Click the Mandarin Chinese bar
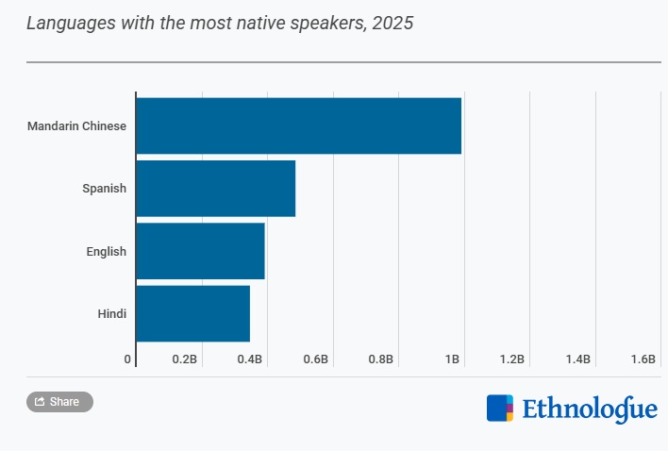pyautogui.click(x=298, y=125)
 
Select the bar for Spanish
pyautogui.click(x=215, y=189)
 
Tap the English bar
pyautogui.click(x=200, y=251)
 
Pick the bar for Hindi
pyautogui.click(x=192, y=313)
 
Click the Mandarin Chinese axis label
pyautogui.click(x=76, y=125)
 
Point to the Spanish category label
pyautogui.click(x=104, y=189)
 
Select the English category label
pyautogui.click(x=106, y=251)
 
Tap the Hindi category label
pyautogui.click(x=111, y=313)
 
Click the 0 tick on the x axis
pyautogui.click(x=127, y=359)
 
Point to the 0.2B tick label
pyautogui.click(x=184, y=359)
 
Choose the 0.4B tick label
pyautogui.click(x=250, y=359)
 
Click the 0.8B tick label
pyautogui.click(x=381, y=359)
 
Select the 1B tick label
pyautogui.click(x=452, y=359)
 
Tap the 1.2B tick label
pyautogui.click(x=512, y=359)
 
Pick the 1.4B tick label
pyautogui.click(x=577, y=359)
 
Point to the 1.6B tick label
pyautogui.click(x=643, y=359)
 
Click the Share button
pyautogui.click(x=59, y=402)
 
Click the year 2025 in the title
pyautogui.click(x=392, y=23)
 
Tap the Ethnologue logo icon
pyautogui.click(x=500, y=408)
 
